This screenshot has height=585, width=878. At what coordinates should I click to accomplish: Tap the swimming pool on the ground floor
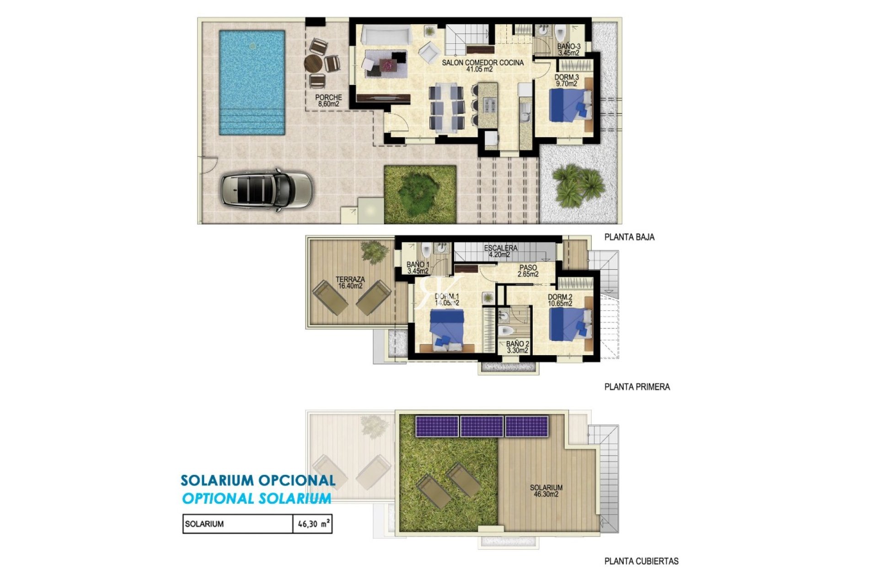252,83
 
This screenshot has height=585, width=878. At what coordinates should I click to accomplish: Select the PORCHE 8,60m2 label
328,101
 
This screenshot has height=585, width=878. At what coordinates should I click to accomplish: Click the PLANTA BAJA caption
629,237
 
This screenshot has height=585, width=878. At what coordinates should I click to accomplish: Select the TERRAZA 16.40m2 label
350,283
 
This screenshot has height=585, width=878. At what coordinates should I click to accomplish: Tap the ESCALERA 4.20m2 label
501,251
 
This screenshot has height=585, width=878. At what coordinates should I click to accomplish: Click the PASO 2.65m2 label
528,271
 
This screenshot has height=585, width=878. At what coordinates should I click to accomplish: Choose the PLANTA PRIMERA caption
637,387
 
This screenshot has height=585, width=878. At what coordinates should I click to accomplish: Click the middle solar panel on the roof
482,426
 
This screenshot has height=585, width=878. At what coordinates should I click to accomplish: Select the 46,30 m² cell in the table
312,524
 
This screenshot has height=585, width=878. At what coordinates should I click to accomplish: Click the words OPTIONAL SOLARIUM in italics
257,499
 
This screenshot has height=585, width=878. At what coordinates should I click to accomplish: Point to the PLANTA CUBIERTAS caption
641,561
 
